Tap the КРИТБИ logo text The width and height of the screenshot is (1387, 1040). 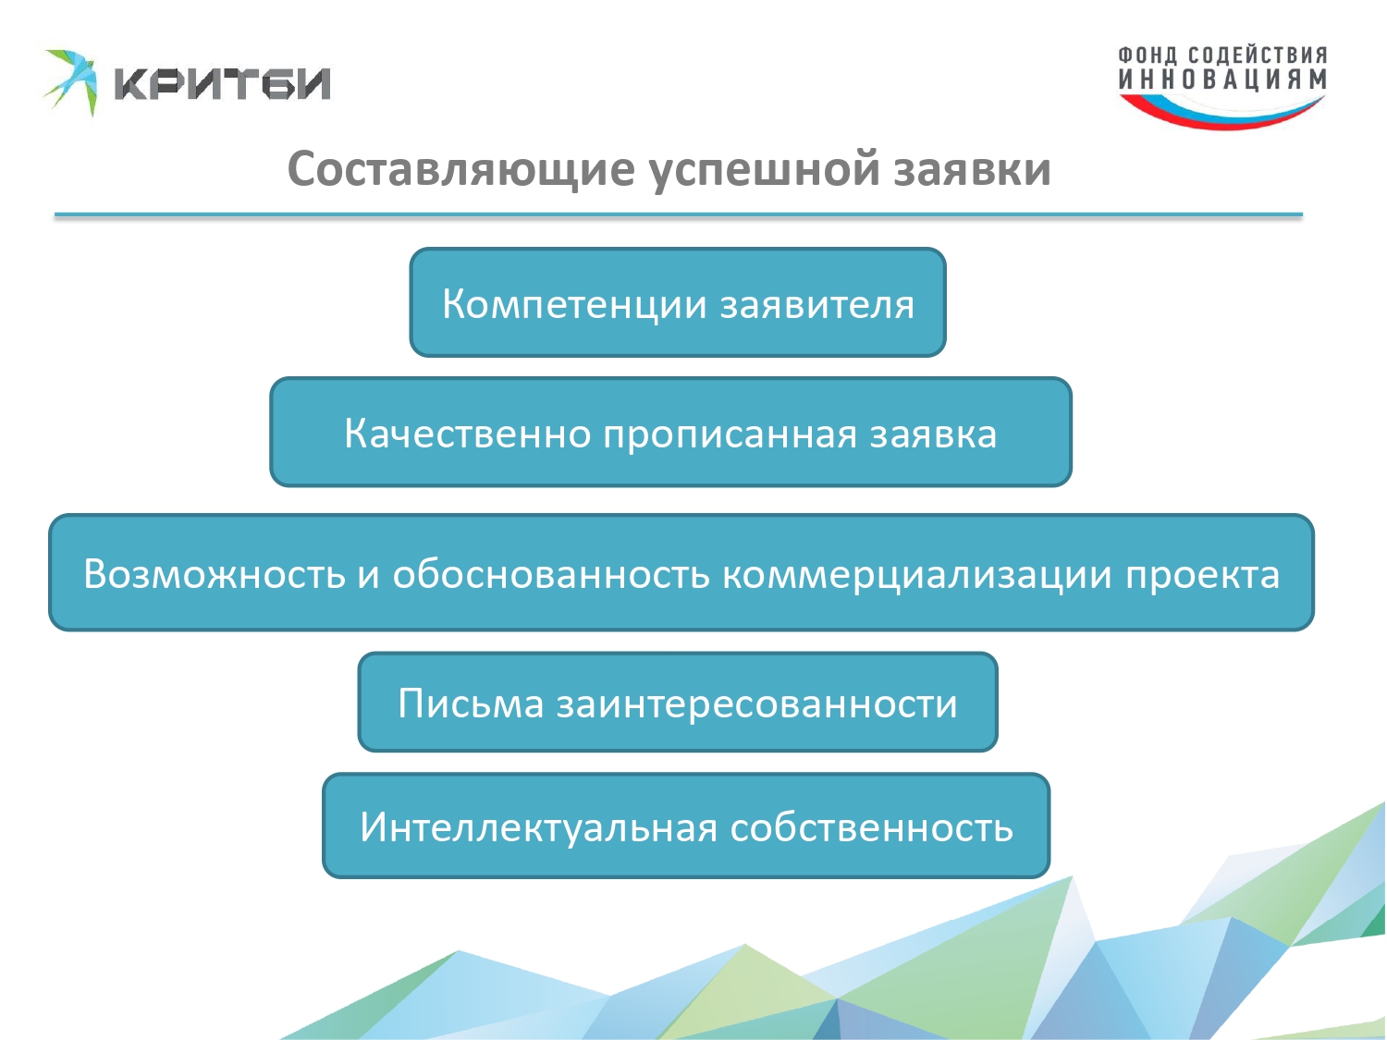(x=222, y=83)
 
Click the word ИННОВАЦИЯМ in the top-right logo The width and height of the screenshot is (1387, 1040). (x=1222, y=79)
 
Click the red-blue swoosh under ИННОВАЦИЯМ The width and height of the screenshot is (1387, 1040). (x=1221, y=113)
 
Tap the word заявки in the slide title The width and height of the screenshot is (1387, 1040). (x=973, y=170)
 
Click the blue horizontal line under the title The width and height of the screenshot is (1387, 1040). (x=679, y=215)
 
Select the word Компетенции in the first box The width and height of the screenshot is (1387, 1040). (x=574, y=304)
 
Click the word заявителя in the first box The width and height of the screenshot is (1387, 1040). (x=817, y=305)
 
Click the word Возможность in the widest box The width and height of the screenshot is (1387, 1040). (x=215, y=574)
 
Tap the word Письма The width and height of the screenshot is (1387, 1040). (x=471, y=703)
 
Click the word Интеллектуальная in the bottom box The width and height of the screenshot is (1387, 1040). (x=539, y=827)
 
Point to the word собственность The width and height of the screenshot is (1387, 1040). (x=872, y=827)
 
